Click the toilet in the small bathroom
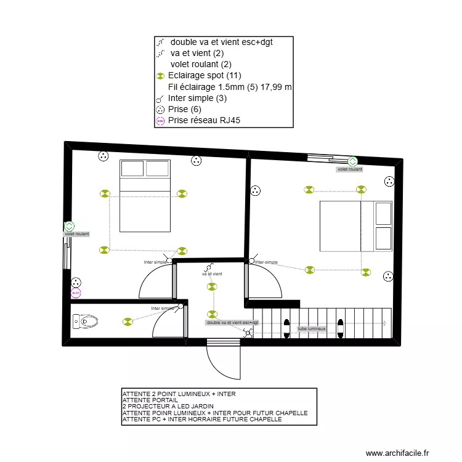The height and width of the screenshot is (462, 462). pos(85,321)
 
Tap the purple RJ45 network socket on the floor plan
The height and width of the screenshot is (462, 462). pos(76,293)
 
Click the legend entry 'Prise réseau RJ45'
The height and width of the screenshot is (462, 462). pos(200,121)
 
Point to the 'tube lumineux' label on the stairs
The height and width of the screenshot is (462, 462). pos(312,330)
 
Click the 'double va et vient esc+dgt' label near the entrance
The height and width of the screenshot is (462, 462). pos(233,322)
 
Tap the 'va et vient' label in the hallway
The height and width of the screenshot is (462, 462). pos(212,274)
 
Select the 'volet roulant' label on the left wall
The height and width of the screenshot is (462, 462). pos(77,234)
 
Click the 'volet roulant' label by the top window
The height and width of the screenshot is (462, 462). pos(349,169)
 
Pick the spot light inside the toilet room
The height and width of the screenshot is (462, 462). pos(128,321)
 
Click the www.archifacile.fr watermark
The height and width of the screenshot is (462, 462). pos(397,453)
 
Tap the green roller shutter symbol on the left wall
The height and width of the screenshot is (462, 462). pos(69,226)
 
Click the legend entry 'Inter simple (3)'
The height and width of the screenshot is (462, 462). pos(197,98)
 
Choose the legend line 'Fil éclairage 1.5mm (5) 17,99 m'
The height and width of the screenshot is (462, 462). pos(229,87)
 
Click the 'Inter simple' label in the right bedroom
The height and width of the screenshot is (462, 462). pos(266,262)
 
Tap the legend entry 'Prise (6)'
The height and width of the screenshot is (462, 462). pos(184,109)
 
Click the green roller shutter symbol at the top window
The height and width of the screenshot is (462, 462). pos(353,161)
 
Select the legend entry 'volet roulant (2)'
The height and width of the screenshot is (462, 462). pos(201,64)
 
